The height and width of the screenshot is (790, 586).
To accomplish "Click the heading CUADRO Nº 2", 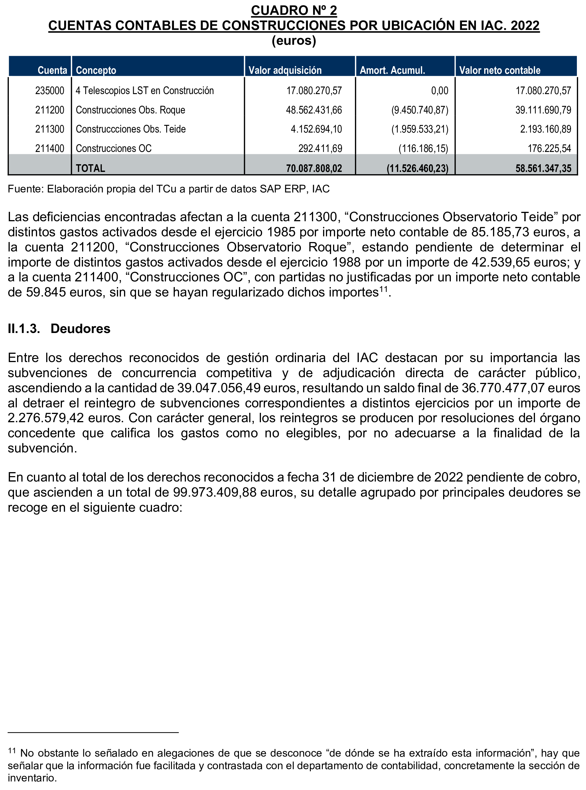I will [294, 10].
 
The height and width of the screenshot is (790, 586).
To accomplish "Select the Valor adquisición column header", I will [285, 70].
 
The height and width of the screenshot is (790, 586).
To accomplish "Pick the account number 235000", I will [50, 91].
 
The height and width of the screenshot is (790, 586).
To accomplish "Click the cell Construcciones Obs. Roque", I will [130, 110].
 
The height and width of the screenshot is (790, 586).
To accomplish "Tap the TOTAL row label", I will [90, 168].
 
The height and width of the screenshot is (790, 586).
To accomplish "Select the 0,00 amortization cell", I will [439, 91].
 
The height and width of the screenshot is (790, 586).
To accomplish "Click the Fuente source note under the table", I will [169, 189].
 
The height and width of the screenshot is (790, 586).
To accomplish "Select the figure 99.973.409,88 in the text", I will [215, 492].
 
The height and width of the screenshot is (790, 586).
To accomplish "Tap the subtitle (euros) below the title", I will [294, 40].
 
